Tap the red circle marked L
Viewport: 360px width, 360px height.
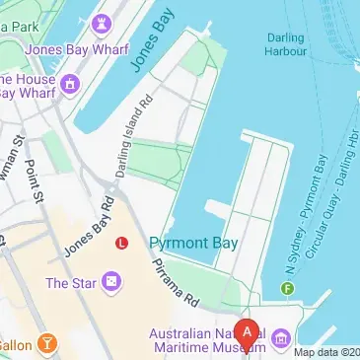point(121,242)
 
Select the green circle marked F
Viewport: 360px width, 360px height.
point(288,289)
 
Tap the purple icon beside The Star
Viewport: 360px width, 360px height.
point(113,284)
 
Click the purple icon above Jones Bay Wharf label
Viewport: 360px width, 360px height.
point(101,22)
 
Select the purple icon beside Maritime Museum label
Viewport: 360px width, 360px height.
point(281,339)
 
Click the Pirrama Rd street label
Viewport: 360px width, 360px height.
point(176,285)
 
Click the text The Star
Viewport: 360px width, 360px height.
point(72,284)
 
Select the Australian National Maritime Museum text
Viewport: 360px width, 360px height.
point(206,339)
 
